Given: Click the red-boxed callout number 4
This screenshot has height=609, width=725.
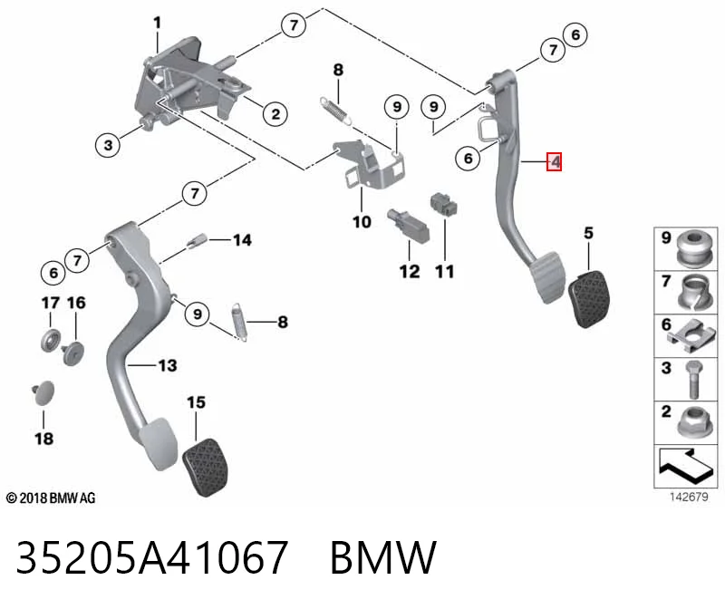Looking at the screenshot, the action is pos(555,162).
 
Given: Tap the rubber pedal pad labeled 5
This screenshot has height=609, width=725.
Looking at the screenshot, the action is pos(587,299).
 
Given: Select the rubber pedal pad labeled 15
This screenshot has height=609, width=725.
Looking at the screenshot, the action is pos(206,467).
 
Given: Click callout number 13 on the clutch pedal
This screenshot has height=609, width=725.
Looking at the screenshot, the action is pos(168,366).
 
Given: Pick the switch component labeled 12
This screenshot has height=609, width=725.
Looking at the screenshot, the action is pos(408,225).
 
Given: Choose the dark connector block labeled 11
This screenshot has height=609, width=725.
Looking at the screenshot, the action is pos(444,205).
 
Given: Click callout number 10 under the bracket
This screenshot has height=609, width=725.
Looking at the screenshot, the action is pos(362,222).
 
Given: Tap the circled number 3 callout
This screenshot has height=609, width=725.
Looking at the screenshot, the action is pos(108,145).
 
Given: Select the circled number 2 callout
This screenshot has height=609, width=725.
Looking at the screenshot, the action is pos(275,114).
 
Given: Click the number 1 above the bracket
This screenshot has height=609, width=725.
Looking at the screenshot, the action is pos(157,23).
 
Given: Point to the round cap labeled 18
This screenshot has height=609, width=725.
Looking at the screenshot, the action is pos(43,393).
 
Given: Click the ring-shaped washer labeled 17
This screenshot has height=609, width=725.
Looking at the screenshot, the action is pos(51,341).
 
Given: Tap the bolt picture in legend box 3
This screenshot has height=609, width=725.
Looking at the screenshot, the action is pos(694,380).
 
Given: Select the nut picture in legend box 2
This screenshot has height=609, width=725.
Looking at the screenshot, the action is pos(694,421).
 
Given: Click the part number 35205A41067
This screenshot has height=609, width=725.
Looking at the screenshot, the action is pos(152,556).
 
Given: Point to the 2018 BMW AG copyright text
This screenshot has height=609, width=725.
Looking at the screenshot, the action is pos(51,498).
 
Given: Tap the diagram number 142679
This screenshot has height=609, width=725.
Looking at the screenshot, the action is pos(689,498).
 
